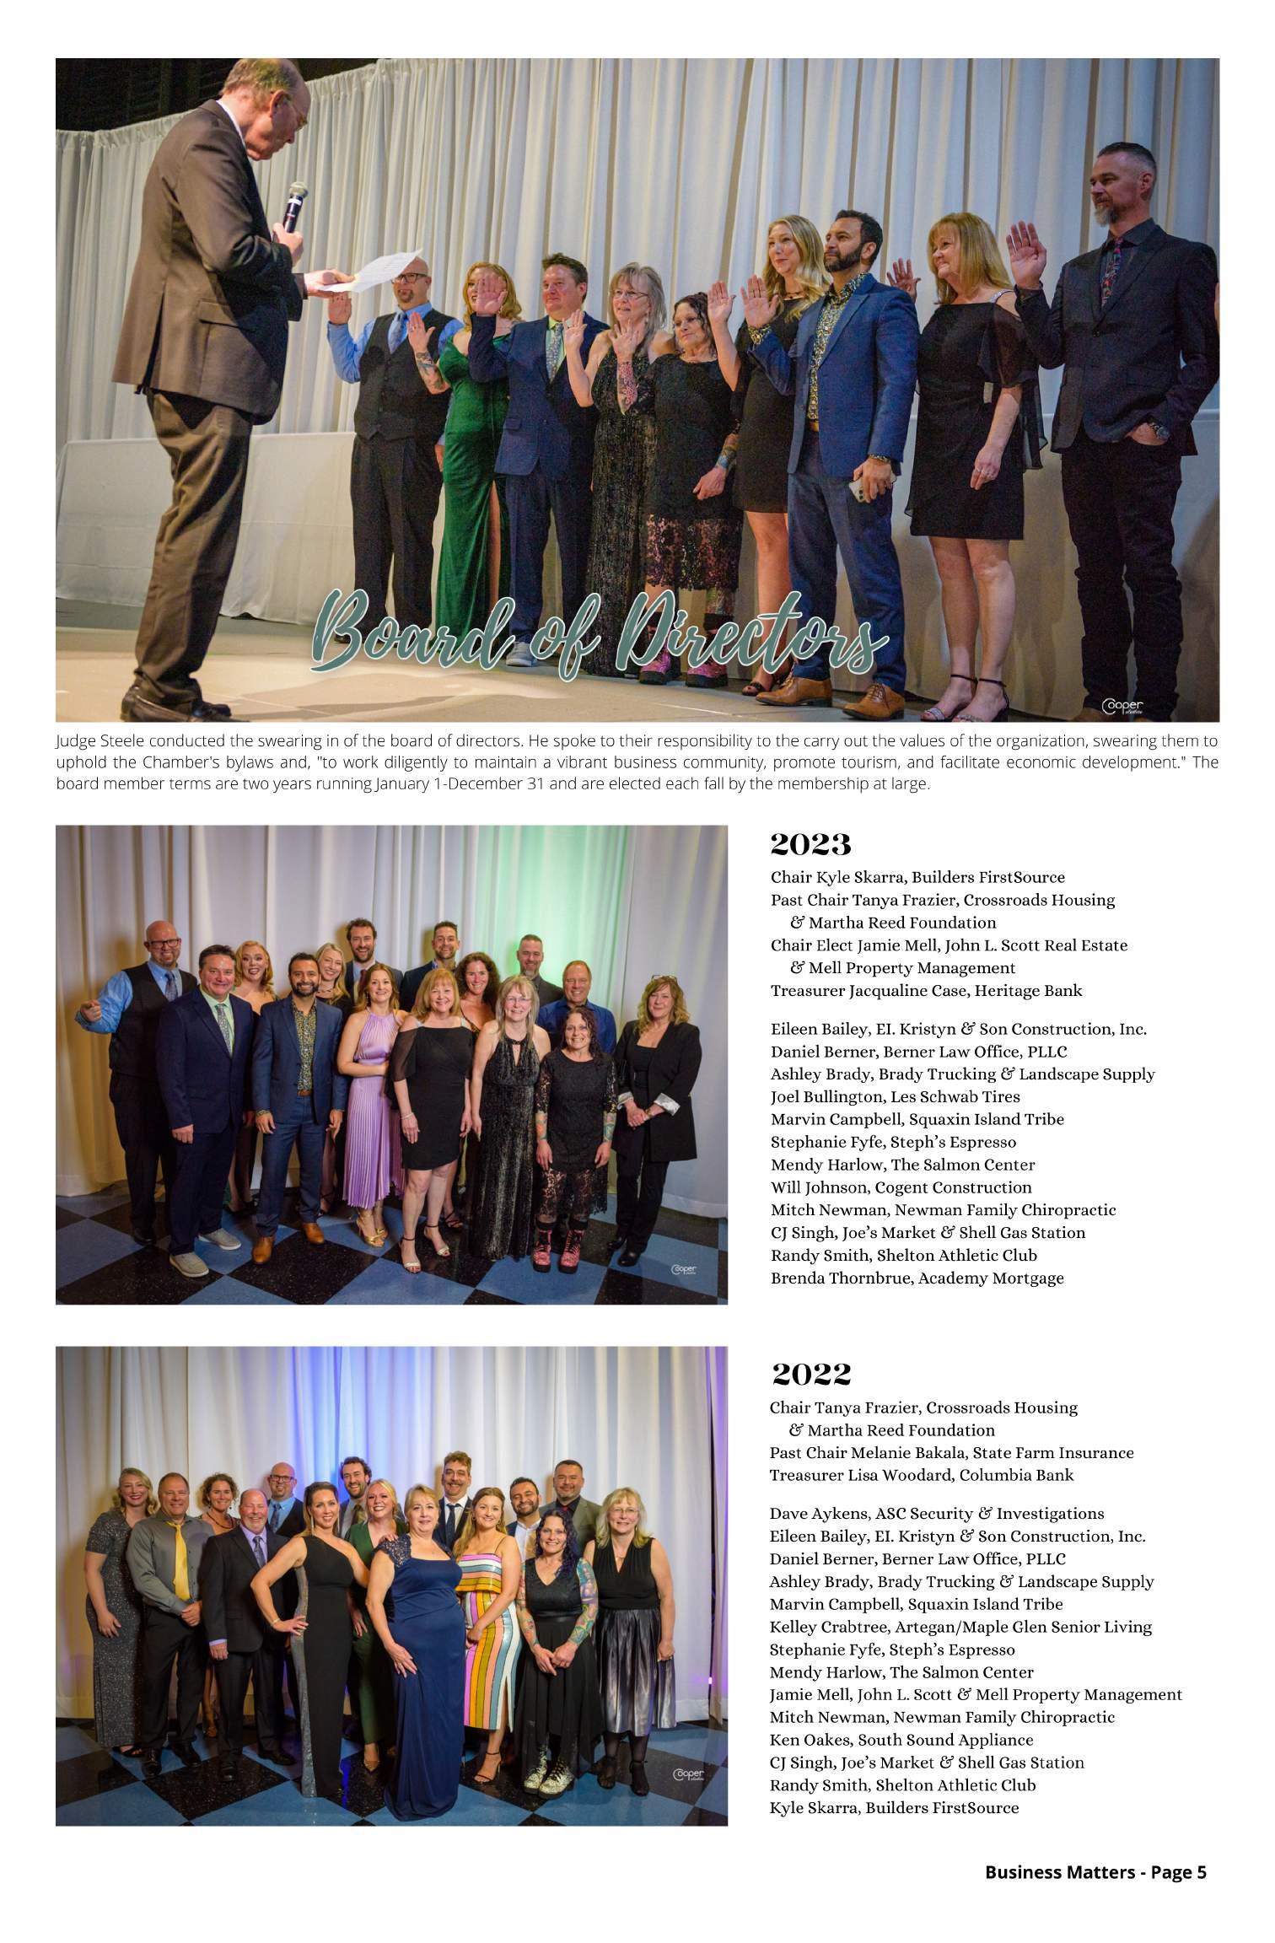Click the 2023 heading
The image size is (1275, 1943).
[810, 844]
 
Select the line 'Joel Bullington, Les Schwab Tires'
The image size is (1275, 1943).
[895, 1097]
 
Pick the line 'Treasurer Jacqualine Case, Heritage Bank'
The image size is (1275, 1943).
[926, 991]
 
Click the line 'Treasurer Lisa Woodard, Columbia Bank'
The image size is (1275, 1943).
[921, 1475]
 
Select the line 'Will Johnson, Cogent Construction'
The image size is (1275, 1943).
[901, 1187]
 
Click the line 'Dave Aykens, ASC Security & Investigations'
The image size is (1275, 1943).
[936, 1514]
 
